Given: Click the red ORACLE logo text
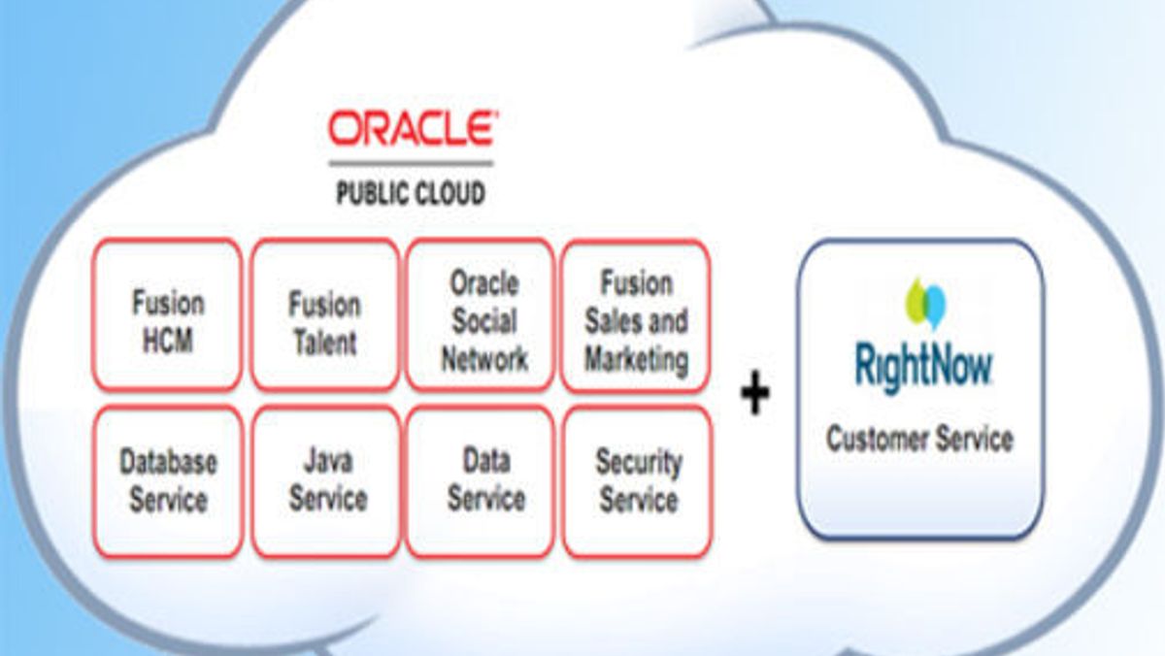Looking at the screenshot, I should (411, 129).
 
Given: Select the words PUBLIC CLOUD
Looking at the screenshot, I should (411, 193).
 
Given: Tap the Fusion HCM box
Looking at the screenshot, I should (168, 314).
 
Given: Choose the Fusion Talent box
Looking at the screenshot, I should (324, 314).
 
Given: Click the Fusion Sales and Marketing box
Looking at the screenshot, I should (636, 314).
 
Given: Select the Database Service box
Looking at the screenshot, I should (168, 482).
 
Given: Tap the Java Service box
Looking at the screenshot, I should (326, 482).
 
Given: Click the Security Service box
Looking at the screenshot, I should (637, 482).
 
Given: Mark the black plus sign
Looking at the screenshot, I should (754, 394).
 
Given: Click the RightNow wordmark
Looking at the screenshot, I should (923, 367).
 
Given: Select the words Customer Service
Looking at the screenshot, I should (919, 439).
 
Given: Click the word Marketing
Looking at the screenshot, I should (636, 360).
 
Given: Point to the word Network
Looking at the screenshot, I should (484, 359).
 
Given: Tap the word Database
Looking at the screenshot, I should (168, 462).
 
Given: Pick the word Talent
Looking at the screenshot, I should (325, 342).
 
